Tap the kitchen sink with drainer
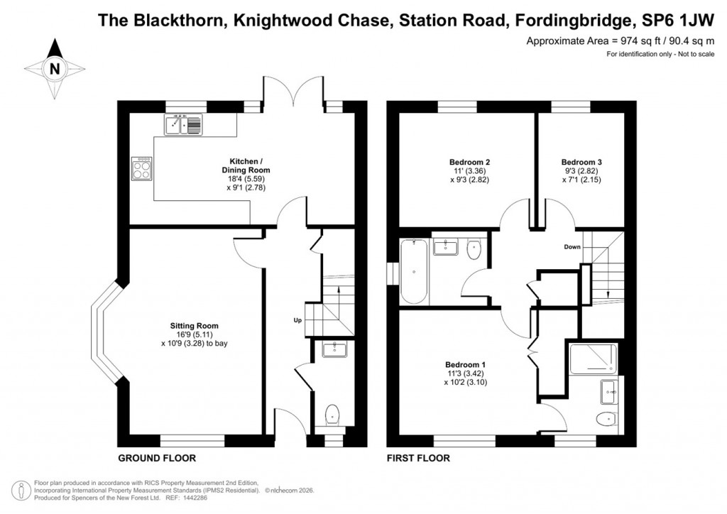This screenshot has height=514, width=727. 184,126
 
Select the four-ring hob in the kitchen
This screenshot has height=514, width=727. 141,168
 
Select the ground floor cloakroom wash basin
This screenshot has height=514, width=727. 332,349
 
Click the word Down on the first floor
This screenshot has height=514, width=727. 572,247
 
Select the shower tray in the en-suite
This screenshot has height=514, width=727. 592,359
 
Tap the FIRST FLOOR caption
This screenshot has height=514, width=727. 418,458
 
